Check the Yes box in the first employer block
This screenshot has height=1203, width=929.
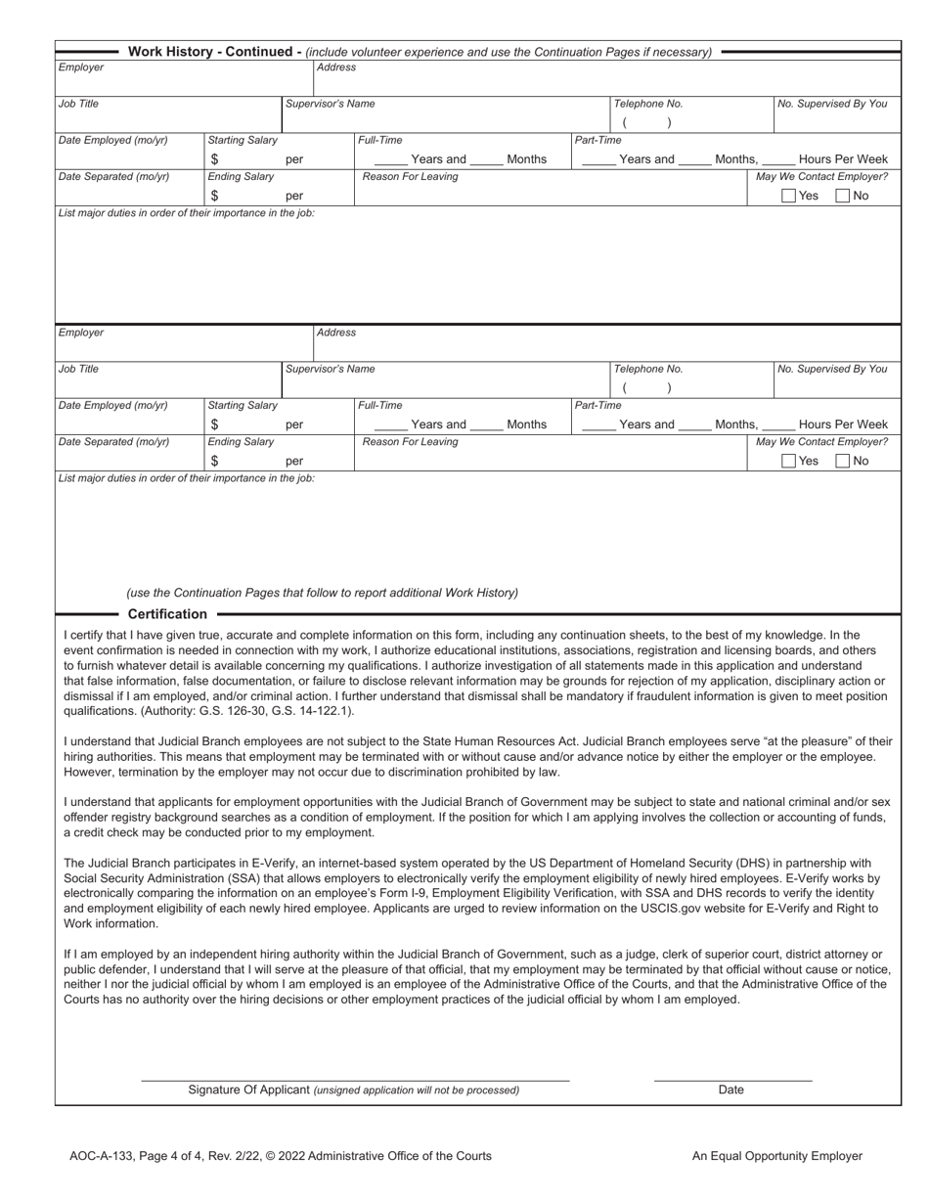tap(789, 196)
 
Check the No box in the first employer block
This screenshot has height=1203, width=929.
tap(843, 196)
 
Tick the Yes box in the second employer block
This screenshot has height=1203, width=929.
tap(789, 461)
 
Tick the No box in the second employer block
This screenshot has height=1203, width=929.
tap(843, 461)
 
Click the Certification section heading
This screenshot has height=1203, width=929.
tap(167, 614)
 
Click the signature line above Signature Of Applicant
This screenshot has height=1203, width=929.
tap(355, 1079)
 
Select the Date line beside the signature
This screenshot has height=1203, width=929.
tap(732, 1079)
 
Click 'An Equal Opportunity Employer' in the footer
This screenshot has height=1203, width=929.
tap(776, 1156)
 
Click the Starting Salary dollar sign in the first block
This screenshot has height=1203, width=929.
tap(214, 159)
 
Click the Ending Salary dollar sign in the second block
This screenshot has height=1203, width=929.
tap(214, 461)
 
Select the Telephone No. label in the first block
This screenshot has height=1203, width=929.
tap(647, 104)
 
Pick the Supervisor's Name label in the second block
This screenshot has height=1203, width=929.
tap(330, 369)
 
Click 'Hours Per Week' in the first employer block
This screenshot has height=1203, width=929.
tap(843, 159)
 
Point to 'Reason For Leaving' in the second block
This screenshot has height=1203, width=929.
tap(410, 442)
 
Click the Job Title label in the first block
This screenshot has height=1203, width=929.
tap(78, 104)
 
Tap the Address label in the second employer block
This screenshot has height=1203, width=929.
tap(336, 333)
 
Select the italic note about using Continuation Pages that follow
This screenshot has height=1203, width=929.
tap(322, 593)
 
